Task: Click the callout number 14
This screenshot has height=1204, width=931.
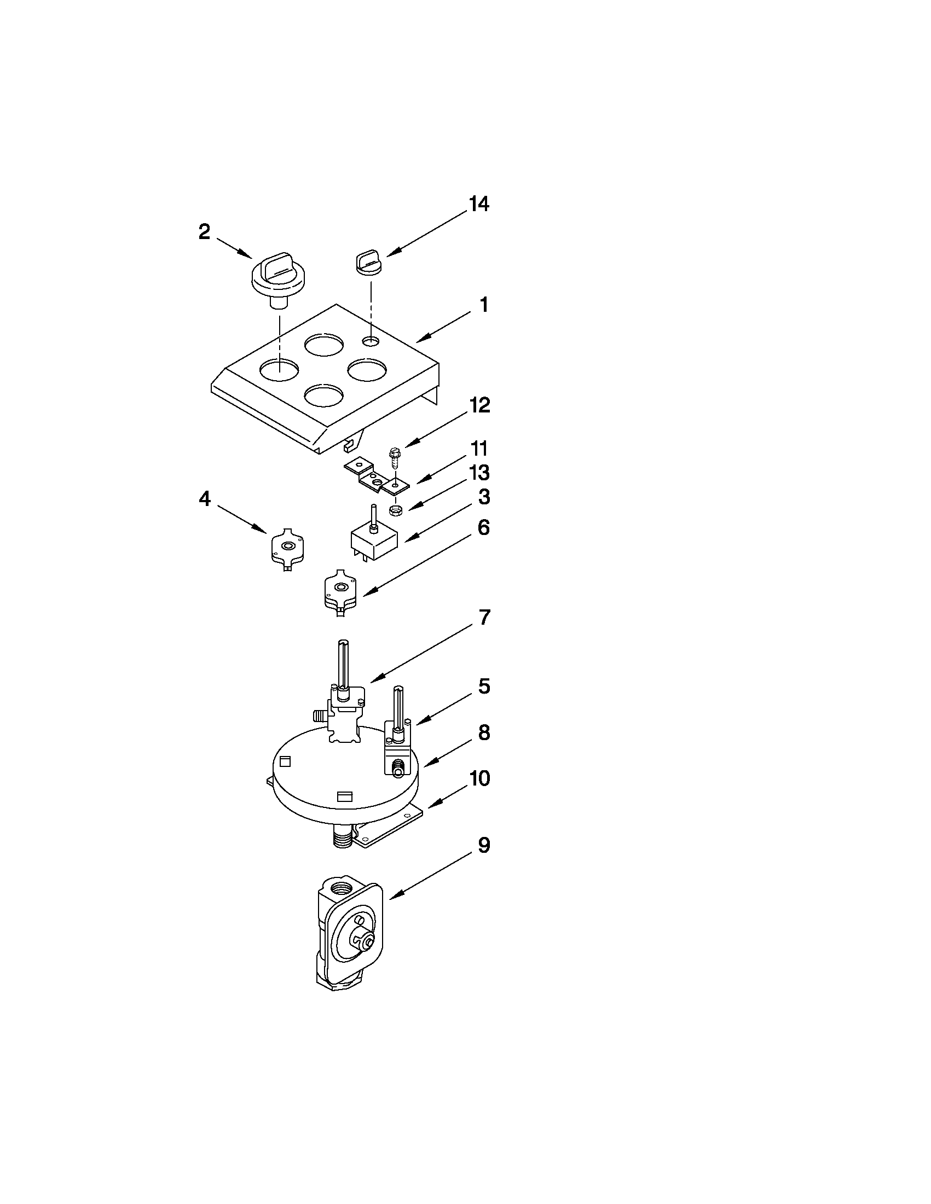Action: click(x=478, y=204)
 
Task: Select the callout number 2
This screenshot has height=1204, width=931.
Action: click(x=204, y=232)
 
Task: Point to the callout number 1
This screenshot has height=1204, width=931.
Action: click(x=483, y=305)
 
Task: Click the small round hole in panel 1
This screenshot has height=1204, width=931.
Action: click(x=371, y=341)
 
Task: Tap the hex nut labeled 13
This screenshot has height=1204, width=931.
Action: click(x=395, y=510)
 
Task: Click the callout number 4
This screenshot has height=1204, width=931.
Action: click(x=204, y=499)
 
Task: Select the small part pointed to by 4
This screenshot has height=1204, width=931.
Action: click(x=287, y=548)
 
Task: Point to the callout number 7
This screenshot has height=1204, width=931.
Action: click(x=484, y=618)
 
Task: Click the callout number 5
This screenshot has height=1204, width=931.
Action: click(x=484, y=687)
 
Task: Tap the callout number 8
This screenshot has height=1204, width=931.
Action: click(x=484, y=733)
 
